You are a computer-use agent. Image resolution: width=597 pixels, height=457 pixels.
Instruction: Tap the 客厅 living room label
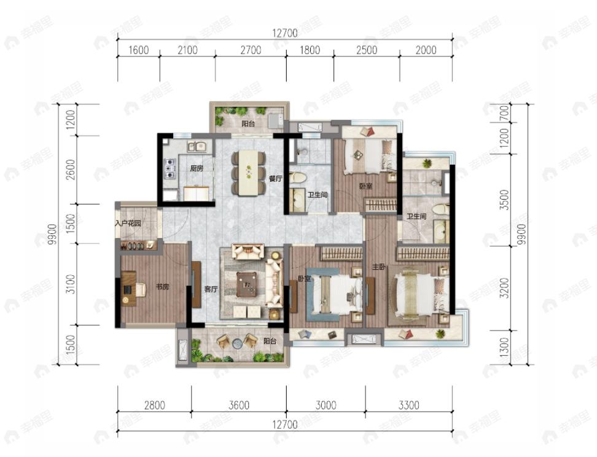tap(211, 289)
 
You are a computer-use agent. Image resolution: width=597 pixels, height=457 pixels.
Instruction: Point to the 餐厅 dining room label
tap(275, 179)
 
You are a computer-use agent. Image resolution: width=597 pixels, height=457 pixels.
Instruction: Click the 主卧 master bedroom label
tap(379, 267)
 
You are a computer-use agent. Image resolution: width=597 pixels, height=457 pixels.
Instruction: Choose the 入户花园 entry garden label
tap(128, 224)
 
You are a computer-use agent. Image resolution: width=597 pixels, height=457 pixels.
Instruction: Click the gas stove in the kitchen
tap(168, 168)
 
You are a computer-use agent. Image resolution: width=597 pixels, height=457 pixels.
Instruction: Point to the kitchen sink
tap(196, 147)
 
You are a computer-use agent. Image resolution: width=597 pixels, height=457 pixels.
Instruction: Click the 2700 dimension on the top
tap(251, 50)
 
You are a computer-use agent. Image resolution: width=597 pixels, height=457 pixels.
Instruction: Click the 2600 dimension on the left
tap(71, 170)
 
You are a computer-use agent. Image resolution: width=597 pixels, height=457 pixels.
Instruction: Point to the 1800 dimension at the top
tap(310, 50)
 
